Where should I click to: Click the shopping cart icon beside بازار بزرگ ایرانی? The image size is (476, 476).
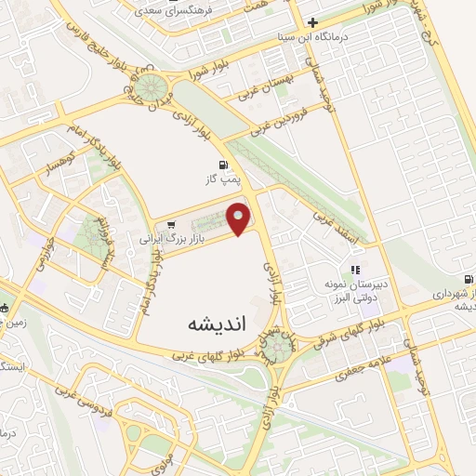(x=171, y=223)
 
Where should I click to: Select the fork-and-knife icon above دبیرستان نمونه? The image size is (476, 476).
(x=354, y=270)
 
